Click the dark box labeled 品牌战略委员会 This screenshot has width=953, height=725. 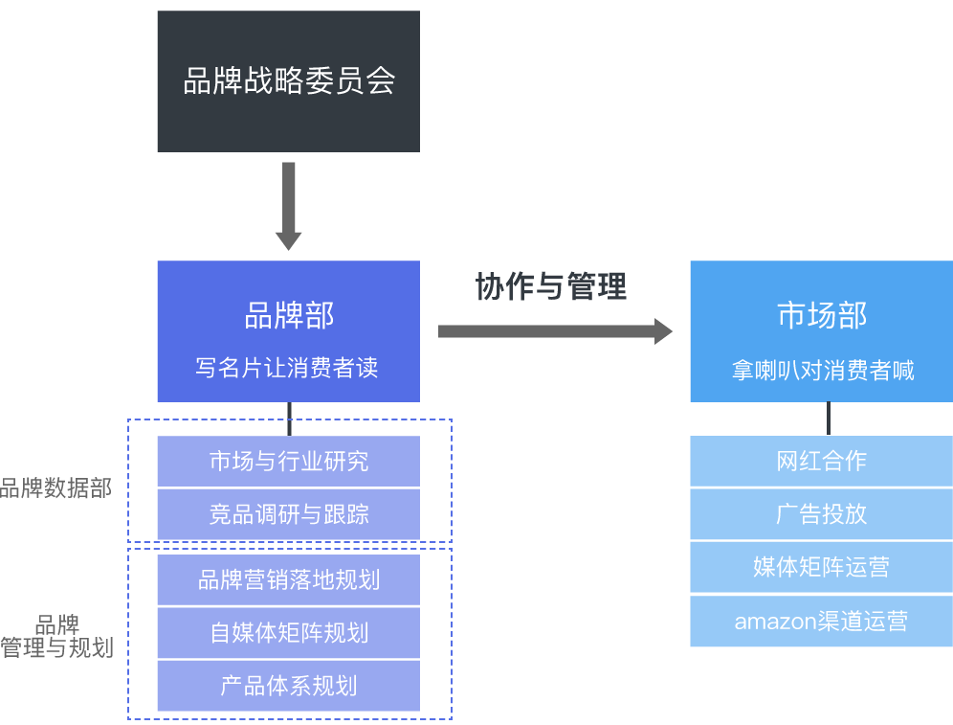pyautogui.click(x=288, y=81)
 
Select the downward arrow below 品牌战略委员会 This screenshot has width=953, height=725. pyautogui.click(x=288, y=206)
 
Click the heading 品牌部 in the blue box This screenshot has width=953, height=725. pyautogui.click(x=288, y=315)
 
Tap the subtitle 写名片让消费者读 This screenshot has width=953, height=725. pyautogui.click(x=288, y=368)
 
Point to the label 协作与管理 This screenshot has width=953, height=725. pyautogui.click(x=551, y=285)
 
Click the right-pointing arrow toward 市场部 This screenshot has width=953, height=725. pyautogui.click(x=555, y=331)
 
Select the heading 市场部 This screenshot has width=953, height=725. pyautogui.click(x=822, y=315)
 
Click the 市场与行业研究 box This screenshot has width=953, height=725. pyautogui.click(x=288, y=461)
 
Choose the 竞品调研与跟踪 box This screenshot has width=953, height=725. pyautogui.click(x=288, y=514)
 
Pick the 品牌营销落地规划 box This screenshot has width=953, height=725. pyautogui.click(x=288, y=579)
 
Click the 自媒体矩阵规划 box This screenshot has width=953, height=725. pyautogui.click(x=288, y=633)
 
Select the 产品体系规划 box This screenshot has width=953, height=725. pyautogui.click(x=288, y=686)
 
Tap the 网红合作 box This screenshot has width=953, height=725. pyautogui.click(x=821, y=461)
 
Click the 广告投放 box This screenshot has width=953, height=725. pyautogui.click(x=821, y=513)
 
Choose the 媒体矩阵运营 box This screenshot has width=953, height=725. pyautogui.click(x=821, y=567)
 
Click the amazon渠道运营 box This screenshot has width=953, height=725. pyautogui.click(x=821, y=622)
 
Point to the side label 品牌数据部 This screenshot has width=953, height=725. pyautogui.click(x=55, y=489)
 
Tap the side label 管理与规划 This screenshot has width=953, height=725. pyautogui.click(x=57, y=647)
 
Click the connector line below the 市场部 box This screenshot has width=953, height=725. pyautogui.click(x=829, y=419)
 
